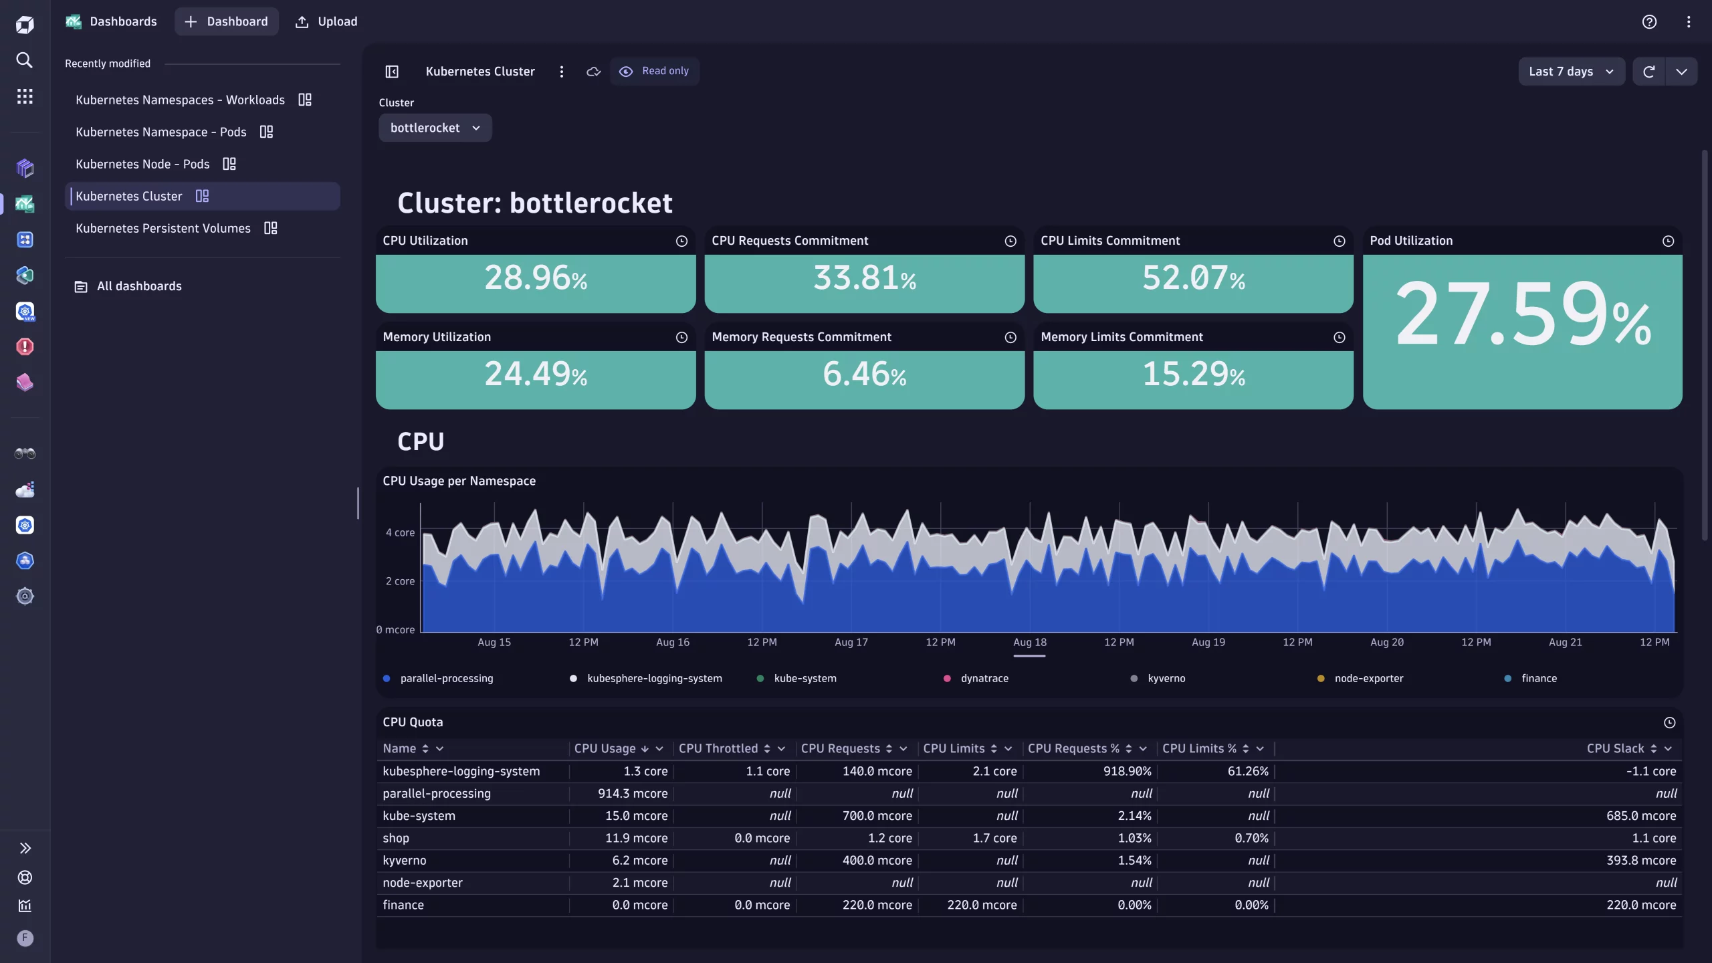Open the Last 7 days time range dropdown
1570,72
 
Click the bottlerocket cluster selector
435,128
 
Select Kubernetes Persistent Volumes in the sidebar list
163,229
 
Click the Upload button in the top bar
326,21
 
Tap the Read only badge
655,71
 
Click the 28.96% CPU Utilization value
536,278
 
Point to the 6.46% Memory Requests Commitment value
864,374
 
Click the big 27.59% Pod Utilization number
1522,314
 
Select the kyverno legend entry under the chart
1166,679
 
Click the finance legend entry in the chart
1538,679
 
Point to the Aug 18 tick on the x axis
1029,643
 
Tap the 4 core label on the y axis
400,533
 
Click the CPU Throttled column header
718,749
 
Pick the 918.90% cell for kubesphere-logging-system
1127,772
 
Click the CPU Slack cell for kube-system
1640,816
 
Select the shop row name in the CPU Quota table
396,839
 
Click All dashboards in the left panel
139,286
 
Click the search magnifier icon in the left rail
25,60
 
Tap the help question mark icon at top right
1649,21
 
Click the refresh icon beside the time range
1648,72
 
